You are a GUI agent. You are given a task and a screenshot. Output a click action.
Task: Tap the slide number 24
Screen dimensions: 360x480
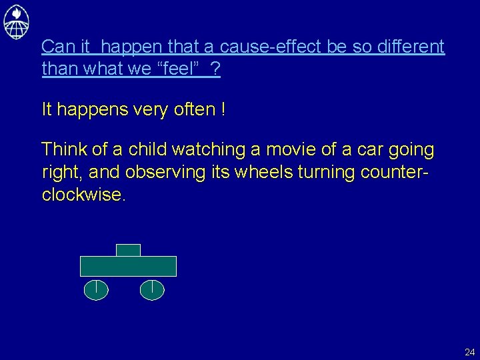click(x=469, y=351)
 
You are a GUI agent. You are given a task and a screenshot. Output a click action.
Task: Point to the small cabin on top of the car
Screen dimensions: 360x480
click(x=128, y=250)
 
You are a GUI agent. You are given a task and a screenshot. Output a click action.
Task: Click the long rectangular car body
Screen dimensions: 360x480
click(x=128, y=266)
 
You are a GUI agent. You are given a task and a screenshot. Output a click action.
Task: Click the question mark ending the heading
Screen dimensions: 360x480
click(x=215, y=69)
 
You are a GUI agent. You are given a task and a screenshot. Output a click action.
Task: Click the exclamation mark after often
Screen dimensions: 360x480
click(x=223, y=109)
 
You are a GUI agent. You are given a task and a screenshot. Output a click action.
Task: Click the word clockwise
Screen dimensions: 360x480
click(x=82, y=195)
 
